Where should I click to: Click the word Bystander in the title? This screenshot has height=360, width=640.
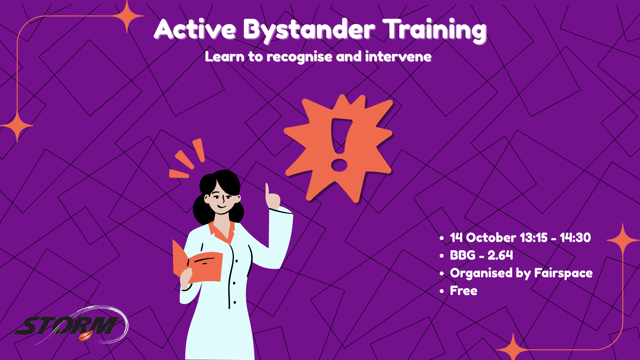coord(309,30)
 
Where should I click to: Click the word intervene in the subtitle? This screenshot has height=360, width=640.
coord(398,56)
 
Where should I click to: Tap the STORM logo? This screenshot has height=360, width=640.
coord(71,325)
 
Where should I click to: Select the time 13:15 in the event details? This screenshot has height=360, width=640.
coord(533,238)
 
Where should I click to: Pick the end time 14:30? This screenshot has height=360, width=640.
coord(575,238)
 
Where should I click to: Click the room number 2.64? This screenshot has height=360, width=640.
coord(500,255)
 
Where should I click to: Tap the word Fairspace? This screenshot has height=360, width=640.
coord(563,273)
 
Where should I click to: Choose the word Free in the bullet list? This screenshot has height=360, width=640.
coord(464,291)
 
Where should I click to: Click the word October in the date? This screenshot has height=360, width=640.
coord(491,238)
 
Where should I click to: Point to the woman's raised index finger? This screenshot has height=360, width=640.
coord(267,191)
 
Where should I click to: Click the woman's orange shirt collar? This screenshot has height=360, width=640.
coord(222,231)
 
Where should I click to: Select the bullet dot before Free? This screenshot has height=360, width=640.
coord(442,291)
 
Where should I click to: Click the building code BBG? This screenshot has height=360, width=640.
coord(463,255)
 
